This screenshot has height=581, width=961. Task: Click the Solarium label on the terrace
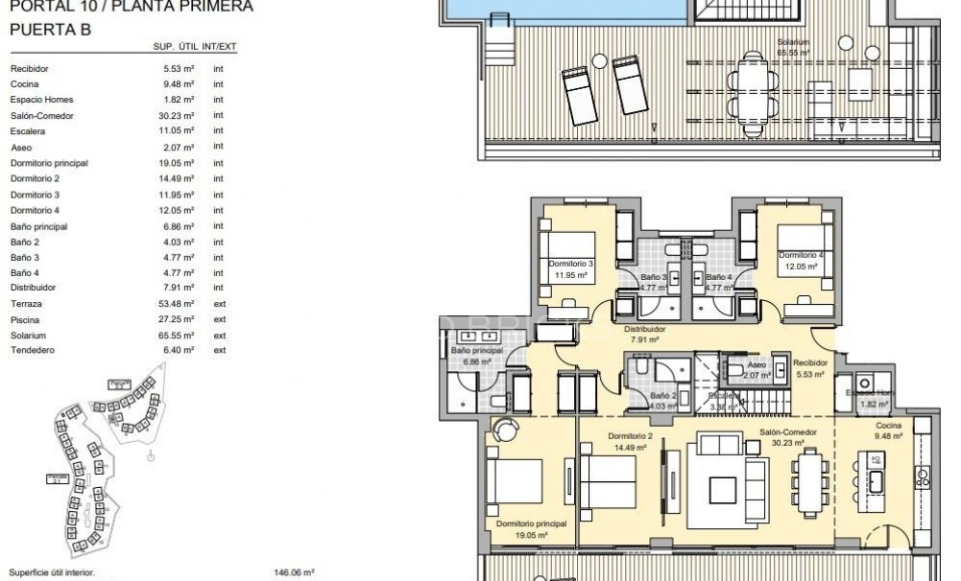794,43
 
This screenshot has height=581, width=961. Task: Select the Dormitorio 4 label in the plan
801,256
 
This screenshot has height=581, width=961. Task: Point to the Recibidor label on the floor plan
810,363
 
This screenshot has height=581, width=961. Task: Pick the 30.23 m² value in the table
180,116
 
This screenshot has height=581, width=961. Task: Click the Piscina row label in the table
24,319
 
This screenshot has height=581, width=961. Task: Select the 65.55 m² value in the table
180,336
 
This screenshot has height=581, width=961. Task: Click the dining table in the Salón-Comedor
810,482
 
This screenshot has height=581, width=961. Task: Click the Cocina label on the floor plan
888,425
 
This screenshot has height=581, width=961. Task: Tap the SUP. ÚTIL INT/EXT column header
195,47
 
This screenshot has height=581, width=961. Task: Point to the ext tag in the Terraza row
219,304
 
